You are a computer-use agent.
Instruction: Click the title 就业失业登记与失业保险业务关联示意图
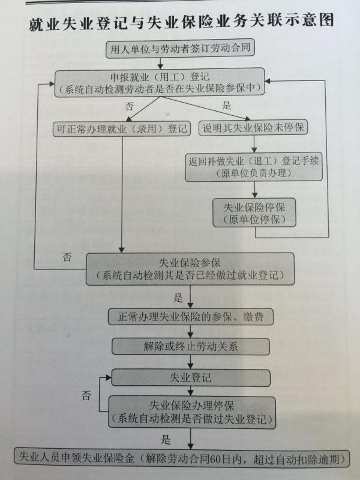(x=181, y=23)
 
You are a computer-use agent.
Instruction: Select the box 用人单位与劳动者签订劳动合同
(x=181, y=49)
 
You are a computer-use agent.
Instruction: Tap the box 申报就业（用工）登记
(x=160, y=82)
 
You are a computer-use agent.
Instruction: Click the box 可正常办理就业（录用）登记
(x=122, y=129)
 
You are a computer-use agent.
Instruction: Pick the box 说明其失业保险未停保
(x=253, y=127)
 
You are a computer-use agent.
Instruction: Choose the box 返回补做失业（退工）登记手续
(x=254, y=167)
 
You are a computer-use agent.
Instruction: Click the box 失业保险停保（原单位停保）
(x=254, y=213)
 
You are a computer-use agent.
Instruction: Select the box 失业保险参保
(x=190, y=269)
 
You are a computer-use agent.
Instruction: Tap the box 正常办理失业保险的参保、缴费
(x=190, y=317)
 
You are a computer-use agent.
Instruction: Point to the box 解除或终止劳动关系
(x=190, y=347)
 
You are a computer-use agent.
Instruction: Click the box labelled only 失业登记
(x=190, y=378)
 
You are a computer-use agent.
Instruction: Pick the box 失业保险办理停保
(x=192, y=412)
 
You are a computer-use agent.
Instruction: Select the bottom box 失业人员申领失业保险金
(x=182, y=458)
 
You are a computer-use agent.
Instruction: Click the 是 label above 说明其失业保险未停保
(x=226, y=106)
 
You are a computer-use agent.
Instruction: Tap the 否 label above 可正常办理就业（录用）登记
(x=130, y=106)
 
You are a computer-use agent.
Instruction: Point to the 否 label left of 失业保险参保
(x=67, y=257)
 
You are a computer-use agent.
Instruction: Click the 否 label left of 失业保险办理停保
(x=86, y=395)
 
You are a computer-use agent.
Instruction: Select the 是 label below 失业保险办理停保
(x=166, y=440)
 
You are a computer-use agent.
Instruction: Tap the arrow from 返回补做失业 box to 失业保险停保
(x=254, y=190)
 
